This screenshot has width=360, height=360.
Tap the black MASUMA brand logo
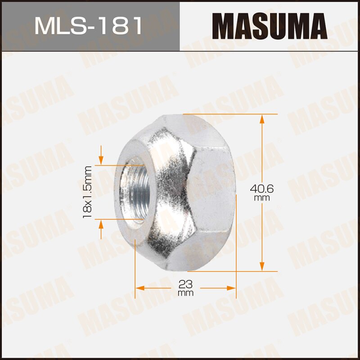coord(269,26)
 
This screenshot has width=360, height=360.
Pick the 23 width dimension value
coord(185,284)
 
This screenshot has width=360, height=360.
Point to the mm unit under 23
coord(185,293)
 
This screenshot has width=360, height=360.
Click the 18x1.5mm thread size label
coord(87,192)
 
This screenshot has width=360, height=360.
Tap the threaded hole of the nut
coord(133,192)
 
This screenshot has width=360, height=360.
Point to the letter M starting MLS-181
coord(45,26)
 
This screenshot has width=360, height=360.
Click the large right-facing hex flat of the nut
coord(211,193)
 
